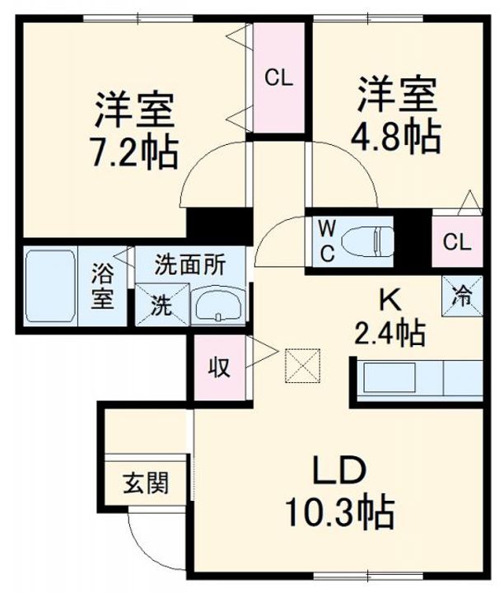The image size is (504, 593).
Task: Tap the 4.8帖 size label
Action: tap(396, 135)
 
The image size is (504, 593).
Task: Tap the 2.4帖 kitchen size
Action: tap(389, 333)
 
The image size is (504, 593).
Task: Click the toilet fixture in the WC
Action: tap(368, 240)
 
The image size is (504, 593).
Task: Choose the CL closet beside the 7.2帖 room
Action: tap(278, 78)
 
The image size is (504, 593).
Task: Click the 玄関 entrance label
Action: tap(147, 482)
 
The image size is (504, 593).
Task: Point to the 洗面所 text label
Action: tap(190, 265)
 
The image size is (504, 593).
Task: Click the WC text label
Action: tap(326, 240)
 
